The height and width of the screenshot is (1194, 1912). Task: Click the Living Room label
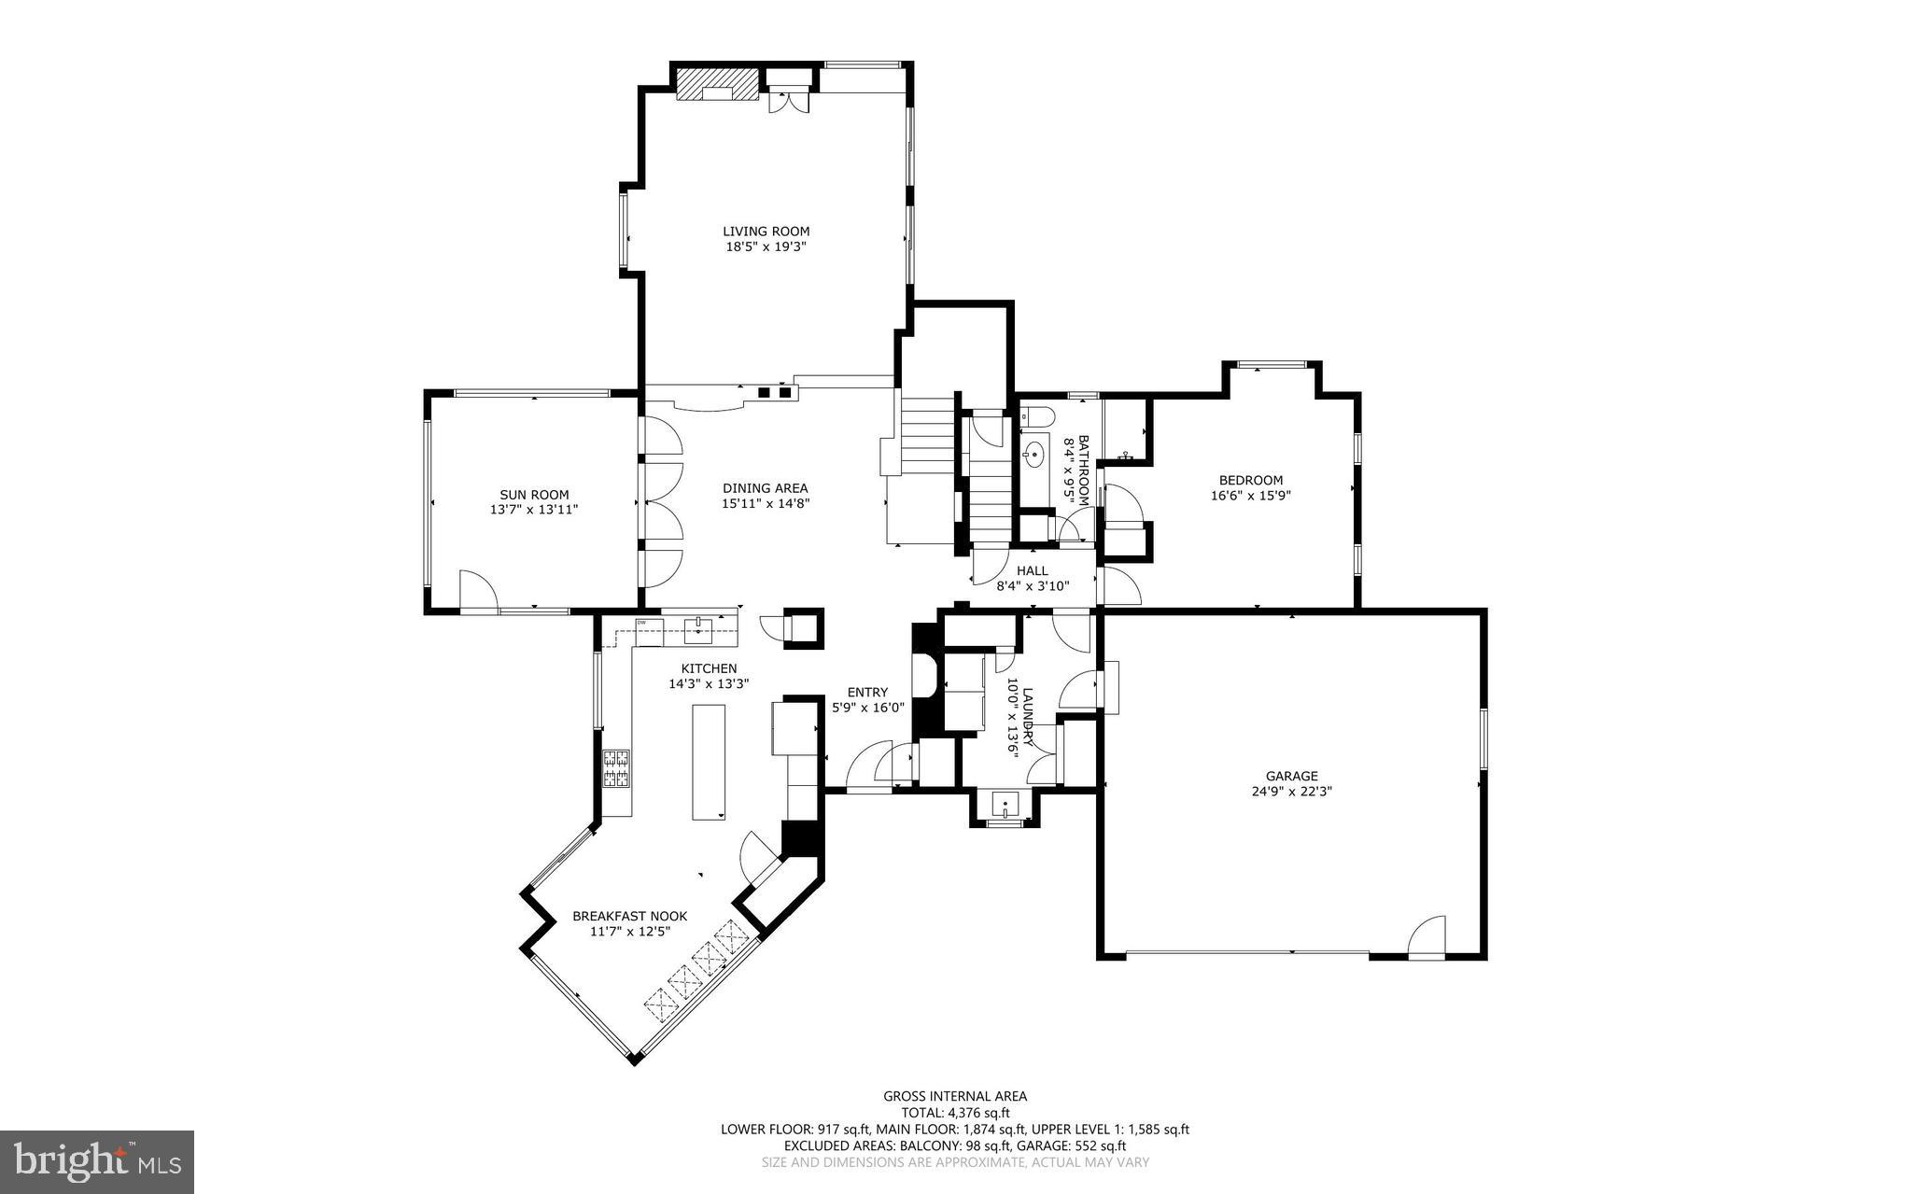pos(766,232)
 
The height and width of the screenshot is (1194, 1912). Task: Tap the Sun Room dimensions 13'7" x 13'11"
pos(534,511)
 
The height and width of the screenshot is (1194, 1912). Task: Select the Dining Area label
pos(765,488)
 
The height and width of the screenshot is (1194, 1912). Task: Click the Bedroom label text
pos(1250,481)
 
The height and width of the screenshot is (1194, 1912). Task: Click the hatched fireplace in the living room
pos(717,82)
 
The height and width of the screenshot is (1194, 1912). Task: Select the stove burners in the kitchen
pos(616,769)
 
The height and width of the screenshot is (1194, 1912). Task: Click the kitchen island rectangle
pos(709,762)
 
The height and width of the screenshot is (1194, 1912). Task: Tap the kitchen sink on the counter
pos(698,628)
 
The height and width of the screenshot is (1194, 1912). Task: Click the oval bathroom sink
pos(1033,457)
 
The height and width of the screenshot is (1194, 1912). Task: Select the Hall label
pos(1032,570)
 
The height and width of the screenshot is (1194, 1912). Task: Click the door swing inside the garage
pos(1428,936)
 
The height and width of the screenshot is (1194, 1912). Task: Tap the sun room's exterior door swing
pos(477,592)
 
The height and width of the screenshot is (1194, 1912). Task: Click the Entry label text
pos(867,692)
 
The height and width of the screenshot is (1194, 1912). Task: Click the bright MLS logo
pos(97,1162)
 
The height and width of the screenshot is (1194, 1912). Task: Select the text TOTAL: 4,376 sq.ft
pos(955,1113)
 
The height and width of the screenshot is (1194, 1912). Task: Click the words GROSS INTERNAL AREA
pos(955,1097)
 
